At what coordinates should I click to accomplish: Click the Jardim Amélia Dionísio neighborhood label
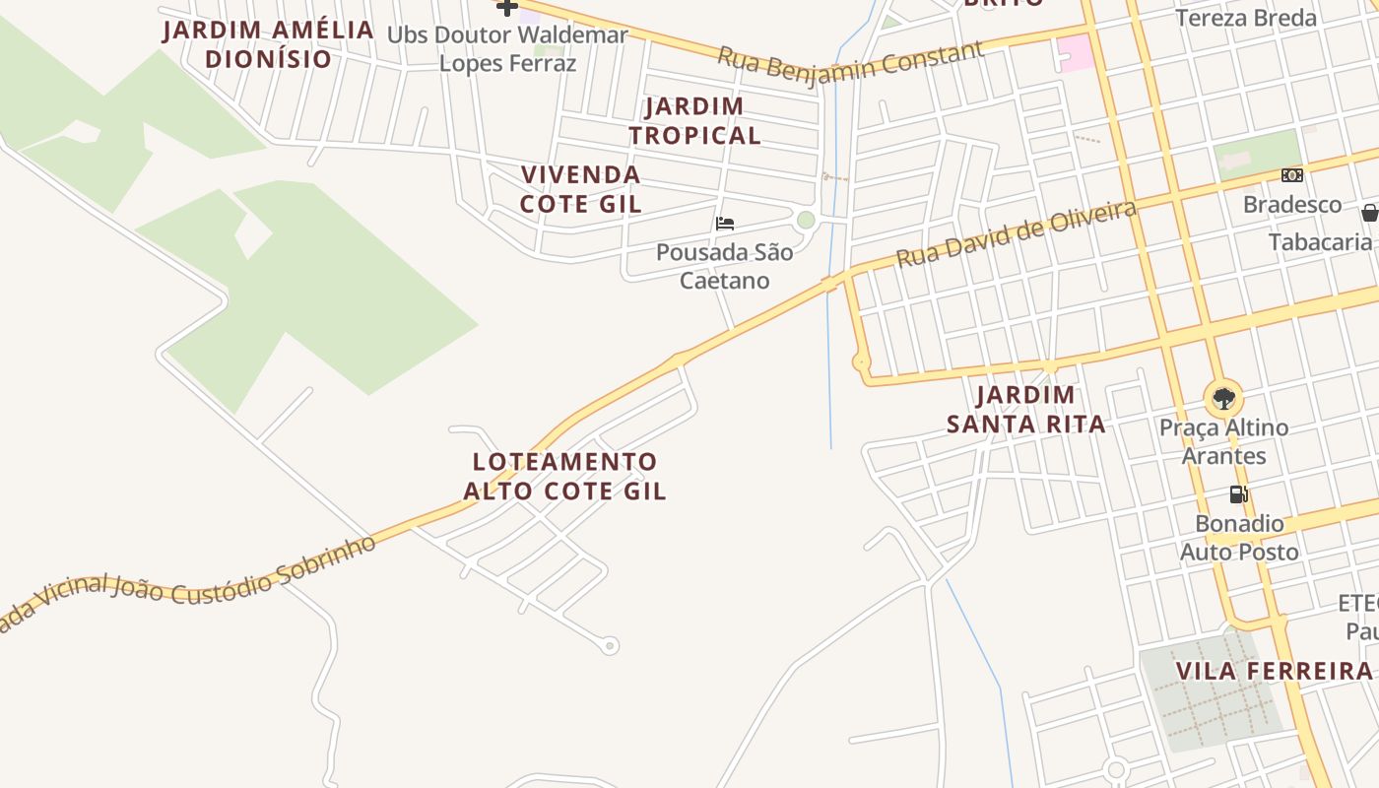tap(269, 44)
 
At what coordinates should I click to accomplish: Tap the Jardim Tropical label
tap(695, 120)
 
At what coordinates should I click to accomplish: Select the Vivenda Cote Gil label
tap(581, 189)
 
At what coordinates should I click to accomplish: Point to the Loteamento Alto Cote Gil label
tap(565, 476)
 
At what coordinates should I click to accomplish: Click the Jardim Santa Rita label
tap(1025, 410)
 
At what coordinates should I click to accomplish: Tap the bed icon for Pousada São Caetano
tap(725, 224)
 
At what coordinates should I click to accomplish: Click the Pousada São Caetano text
tap(724, 266)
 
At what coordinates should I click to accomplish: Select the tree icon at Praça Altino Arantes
tap(1223, 399)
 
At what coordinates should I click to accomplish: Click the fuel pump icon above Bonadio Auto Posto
tap(1238, 494)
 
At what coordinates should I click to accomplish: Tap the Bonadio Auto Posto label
tap(1239, 538)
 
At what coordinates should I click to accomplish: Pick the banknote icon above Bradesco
tap(1291, 175)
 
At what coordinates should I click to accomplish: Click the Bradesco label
tap(1292, 205)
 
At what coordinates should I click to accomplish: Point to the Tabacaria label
tap(1320, 242)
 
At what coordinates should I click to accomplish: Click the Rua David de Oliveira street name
tap(1016, 233)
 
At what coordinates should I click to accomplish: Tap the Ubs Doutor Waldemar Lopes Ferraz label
tap(507, 49)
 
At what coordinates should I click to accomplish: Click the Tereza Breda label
tap(1246, 18)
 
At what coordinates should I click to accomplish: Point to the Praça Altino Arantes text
tap(1223, 441)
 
